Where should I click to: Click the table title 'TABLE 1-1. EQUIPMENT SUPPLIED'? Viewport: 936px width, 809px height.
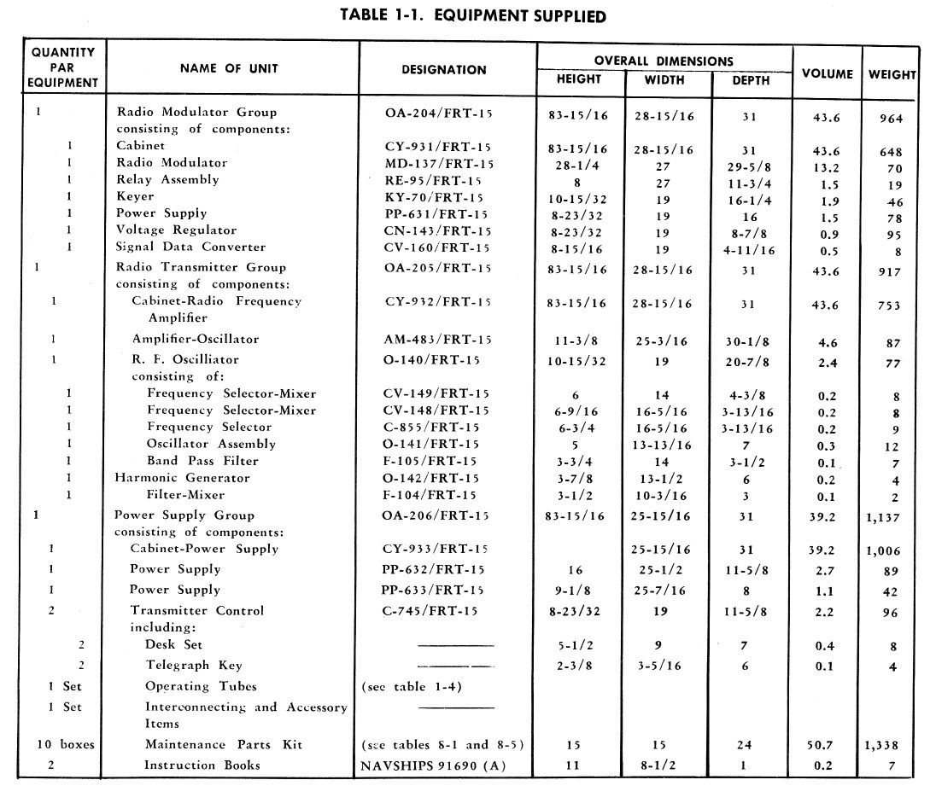click(x=473, y=15)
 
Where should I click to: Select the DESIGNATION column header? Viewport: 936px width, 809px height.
click(x=443, y=70)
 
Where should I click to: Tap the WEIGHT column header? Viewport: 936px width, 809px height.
click(x=892, y=74)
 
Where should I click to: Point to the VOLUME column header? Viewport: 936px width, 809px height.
click(x=827, y=74)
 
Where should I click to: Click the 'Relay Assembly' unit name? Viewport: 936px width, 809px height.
click(x=167, y=180)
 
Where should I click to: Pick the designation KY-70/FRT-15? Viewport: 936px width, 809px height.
click(x=438, y=197)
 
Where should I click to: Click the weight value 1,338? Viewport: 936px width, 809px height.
click(x=882, y=745)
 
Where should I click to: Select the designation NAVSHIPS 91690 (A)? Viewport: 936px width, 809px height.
click(x=433, y=765)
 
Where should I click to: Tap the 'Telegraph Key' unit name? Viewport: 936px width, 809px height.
click(x=193, y=666)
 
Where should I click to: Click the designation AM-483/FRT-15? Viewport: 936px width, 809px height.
click(x=441, y=339)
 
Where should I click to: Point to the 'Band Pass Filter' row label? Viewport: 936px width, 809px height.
click(x=202, y=461)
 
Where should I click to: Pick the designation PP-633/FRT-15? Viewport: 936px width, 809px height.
click(x=432, y=590)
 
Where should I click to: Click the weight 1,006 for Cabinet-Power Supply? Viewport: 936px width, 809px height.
click(x=882, y=551)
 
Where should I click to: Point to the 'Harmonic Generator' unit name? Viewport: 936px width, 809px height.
click(x=182, y=478)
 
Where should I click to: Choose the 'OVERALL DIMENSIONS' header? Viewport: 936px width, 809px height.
click(x=664, y=61)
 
